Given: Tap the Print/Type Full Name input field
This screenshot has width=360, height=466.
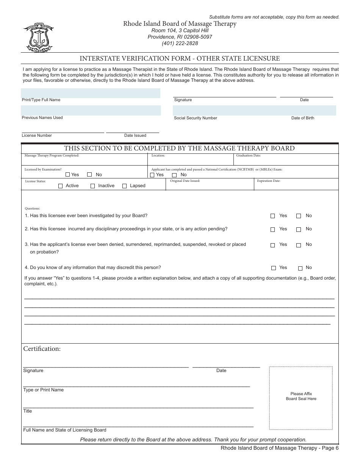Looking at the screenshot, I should [x=91, y=93].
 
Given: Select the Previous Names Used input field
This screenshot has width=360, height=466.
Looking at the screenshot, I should [x=91, y=111].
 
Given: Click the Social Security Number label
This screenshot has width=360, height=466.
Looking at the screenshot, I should [x=196, y=118].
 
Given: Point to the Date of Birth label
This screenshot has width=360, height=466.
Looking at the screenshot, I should [x=302, y=118].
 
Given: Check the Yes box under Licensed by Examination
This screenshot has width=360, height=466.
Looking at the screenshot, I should [x=68, y=175].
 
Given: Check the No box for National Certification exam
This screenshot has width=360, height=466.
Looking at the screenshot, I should [x=175, y=175].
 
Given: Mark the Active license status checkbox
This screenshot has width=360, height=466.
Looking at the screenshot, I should [x=60, y=186].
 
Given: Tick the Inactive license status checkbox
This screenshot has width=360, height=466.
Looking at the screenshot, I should [x=93, y=186].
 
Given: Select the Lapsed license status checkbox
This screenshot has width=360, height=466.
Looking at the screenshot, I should [x=124, y=186].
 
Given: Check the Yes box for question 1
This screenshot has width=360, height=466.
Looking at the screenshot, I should [x=273, y=216].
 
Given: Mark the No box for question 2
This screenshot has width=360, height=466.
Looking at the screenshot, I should [x=299, y=230].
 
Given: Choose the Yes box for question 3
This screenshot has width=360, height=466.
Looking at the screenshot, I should [x=273, y=245].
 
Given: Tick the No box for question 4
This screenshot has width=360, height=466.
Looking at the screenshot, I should [x=300, y=268].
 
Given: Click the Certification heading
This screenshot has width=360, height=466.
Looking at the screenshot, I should [x=42, y=349].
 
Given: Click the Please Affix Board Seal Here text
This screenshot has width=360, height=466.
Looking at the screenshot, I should [x=301, y=396].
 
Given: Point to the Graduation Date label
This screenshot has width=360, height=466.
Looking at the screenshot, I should [x=248, y=156].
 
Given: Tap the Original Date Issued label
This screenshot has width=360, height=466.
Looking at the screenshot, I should [x=185, y=181].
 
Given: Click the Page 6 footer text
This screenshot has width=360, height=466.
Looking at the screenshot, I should [x=280, y=448].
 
